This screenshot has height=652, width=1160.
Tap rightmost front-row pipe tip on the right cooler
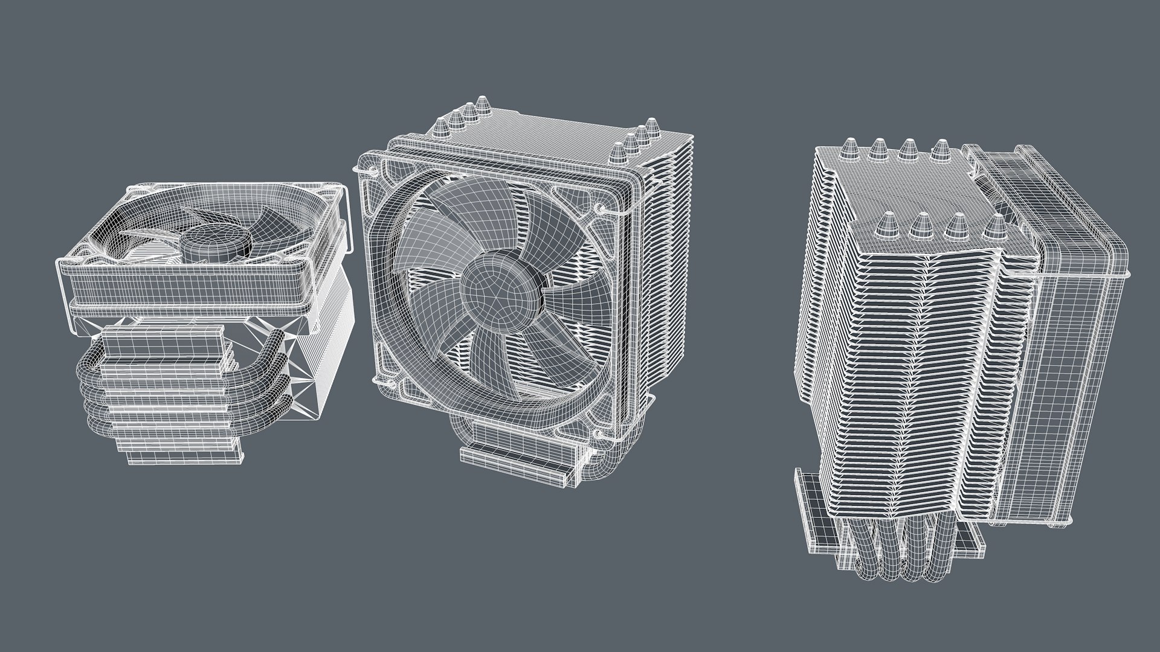(x=993, y=225)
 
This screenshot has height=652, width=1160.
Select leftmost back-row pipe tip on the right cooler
(x=847, y=148)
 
